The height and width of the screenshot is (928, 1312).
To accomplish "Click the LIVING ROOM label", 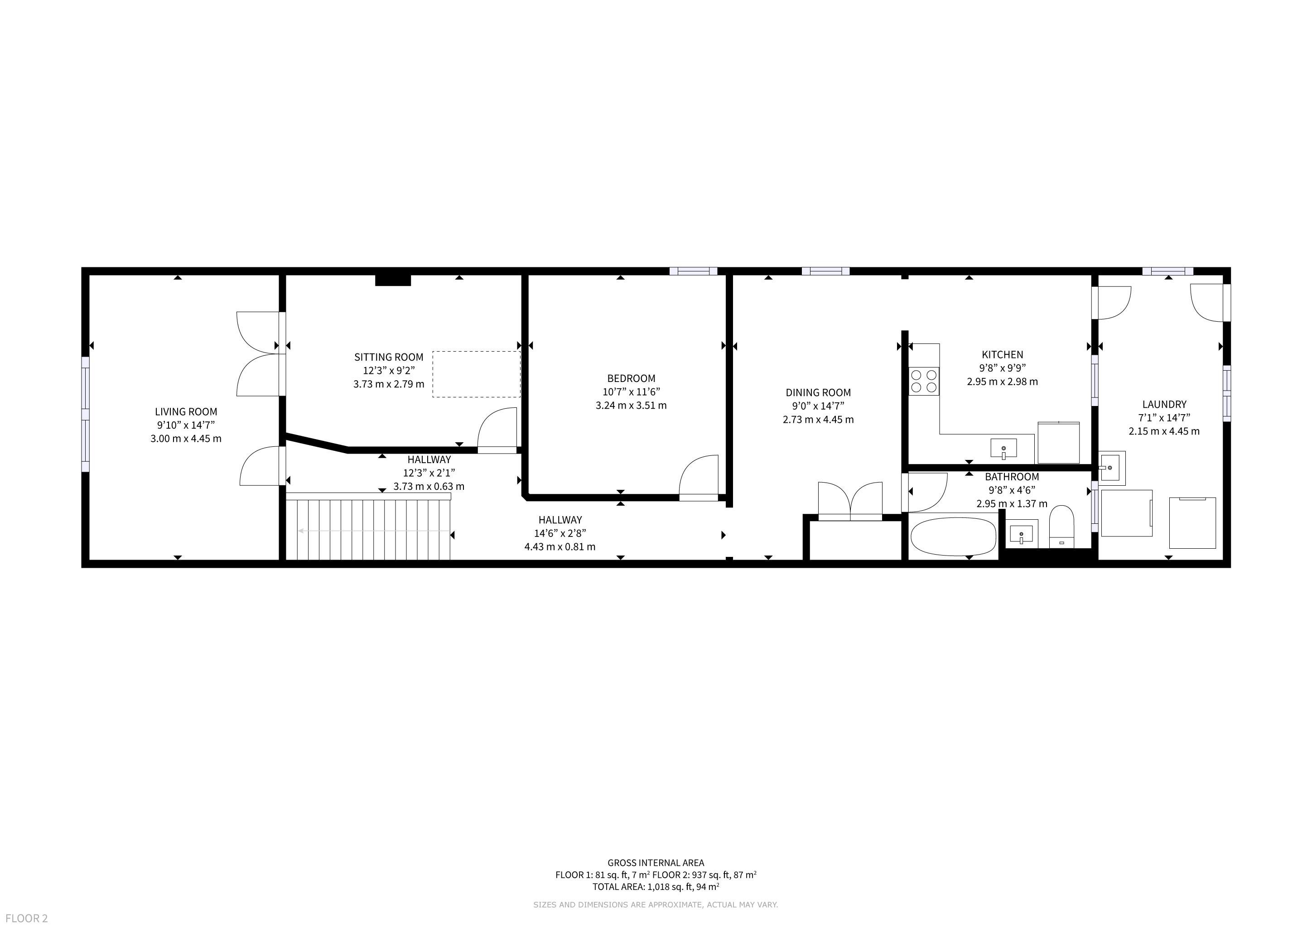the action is coord(186,411).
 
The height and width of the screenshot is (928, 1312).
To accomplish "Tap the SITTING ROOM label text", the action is coord(389,357).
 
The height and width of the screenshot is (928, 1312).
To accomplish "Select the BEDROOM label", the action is coord(631,378).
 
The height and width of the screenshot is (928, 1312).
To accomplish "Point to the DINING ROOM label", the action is coord(818,392).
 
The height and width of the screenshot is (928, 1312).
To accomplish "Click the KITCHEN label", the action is coord(1002,354).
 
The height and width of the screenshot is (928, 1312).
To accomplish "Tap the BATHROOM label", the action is coord(1012,477).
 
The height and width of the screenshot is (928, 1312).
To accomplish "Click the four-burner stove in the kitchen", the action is coord(924,381).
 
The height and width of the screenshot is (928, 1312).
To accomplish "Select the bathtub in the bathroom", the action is coord(953,536).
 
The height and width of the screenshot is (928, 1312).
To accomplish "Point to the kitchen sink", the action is coord(1003,448).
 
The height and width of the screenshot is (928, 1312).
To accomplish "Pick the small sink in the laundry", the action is coord(1112,468).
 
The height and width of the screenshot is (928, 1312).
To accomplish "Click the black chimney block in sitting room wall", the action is coord(393,280).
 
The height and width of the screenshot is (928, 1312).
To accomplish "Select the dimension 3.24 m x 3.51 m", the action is coord(631,405).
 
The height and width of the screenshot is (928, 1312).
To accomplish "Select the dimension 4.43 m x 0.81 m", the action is coord(560,547).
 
